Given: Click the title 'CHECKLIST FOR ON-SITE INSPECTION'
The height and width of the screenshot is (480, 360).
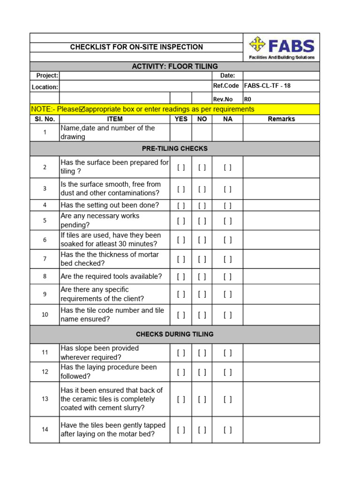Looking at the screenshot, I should point(136,47).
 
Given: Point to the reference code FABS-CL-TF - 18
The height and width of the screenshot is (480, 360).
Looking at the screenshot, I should point(267,86).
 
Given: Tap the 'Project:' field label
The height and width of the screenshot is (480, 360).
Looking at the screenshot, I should point(47,75).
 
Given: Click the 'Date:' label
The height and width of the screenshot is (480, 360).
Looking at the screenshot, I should point(227,75).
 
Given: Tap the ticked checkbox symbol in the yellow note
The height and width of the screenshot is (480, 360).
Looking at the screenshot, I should point(82,109).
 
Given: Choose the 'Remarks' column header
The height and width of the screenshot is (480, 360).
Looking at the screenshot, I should point(281,119).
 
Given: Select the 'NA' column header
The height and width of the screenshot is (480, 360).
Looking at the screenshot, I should point(227,119).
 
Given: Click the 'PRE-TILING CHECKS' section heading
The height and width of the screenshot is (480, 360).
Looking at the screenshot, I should point(175,149).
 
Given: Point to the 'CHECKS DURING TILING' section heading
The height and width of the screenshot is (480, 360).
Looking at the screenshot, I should point(175,334).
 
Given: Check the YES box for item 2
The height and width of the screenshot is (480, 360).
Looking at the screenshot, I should point(181,167).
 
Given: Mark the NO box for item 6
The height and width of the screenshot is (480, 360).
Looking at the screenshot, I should point(202,240).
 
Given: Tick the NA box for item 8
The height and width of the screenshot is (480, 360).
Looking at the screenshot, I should point(227,277).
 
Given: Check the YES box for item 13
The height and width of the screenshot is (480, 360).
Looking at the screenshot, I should point(181,399).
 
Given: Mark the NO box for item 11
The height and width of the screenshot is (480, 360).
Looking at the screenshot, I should point(202,353).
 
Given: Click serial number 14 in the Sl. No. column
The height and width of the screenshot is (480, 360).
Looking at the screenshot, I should point(45,429).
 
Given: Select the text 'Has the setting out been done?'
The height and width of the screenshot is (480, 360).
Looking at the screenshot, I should point(110,205).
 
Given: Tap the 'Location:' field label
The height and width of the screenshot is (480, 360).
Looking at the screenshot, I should point(45,87).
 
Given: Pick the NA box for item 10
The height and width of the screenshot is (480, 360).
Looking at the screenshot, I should point(227,315).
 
